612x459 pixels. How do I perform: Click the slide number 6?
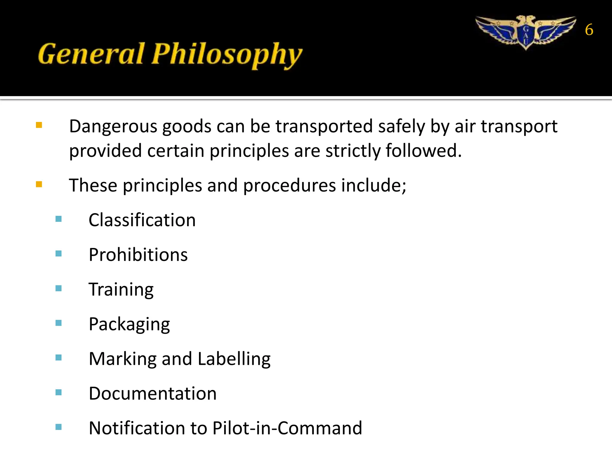click(589, 30)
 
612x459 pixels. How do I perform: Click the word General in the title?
click(91, 54)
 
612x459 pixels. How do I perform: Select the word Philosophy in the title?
click(227, 55)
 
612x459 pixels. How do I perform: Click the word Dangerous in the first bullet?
click(113, 126)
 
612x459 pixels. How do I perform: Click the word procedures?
click(290, 186)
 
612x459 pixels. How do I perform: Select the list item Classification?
click(142, 220)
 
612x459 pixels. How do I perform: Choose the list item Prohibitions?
click(138, 255)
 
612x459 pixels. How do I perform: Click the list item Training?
click(121, 290)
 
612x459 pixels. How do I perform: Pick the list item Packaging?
click(129, 324)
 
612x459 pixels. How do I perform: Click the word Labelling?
click(234, 359)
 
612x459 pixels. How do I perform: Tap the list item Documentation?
click(152, 393)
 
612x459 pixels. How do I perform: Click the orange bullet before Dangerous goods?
click(39, 125)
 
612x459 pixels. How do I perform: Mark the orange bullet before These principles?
click(39, 184)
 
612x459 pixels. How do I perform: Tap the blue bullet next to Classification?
click(59, 219)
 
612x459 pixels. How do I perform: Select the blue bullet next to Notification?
click(59, 427)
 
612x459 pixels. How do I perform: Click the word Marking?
click(123, 359)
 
